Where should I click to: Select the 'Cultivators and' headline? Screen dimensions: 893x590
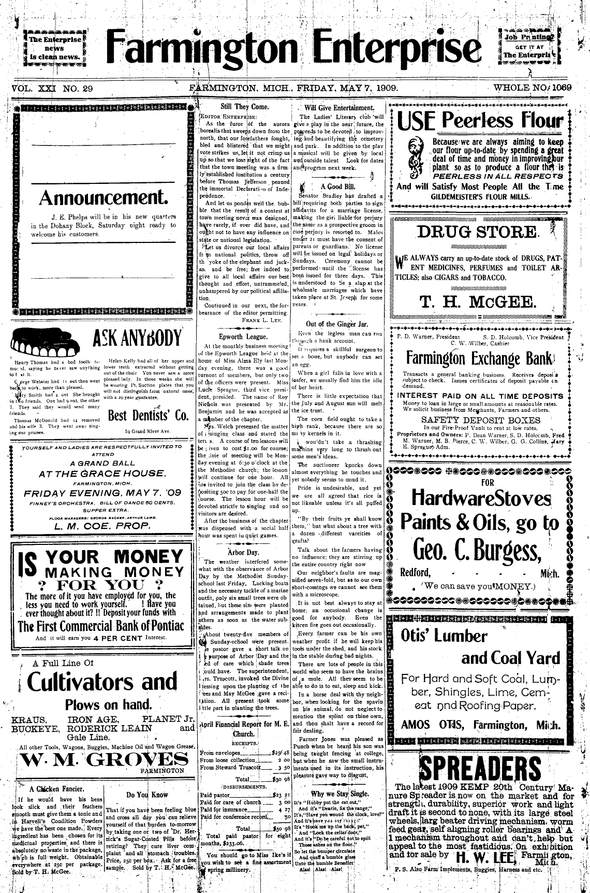102,682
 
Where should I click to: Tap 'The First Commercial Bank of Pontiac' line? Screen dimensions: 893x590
101,626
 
